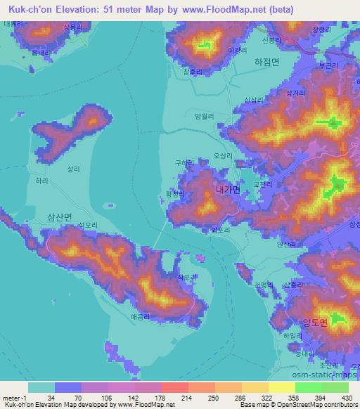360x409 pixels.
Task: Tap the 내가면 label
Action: click(229, 189)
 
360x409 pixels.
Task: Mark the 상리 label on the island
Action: click(74, 169)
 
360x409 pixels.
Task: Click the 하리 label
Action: click(42, 181)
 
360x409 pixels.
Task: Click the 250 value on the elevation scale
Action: click(207, 398)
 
